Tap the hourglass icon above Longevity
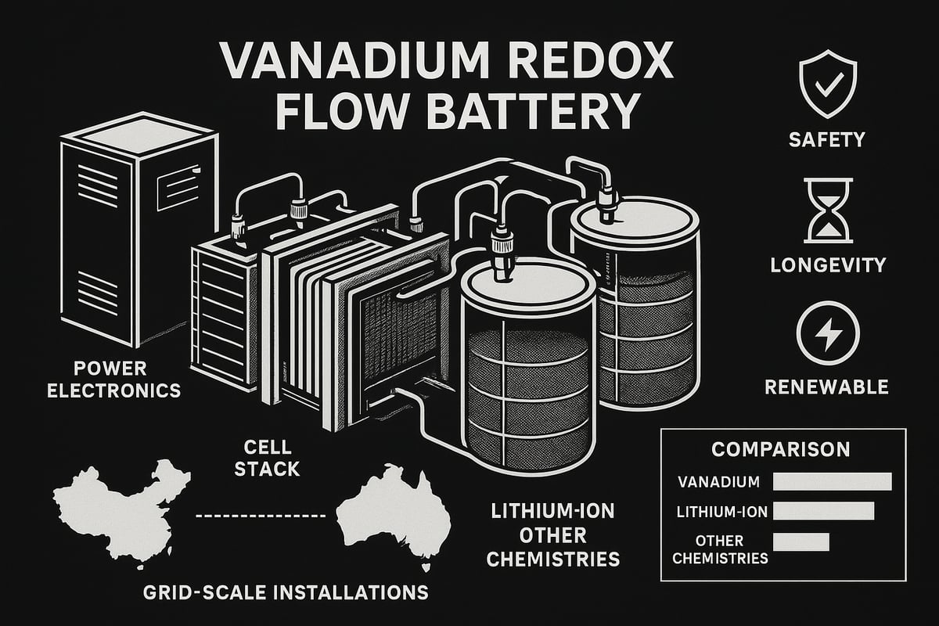827,210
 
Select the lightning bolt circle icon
827,334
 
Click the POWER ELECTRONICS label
114,380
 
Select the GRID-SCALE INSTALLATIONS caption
286,592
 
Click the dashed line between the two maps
258,516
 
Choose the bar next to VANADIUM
832,481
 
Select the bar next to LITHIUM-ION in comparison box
823,511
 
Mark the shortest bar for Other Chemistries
800,541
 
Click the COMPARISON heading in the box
780,450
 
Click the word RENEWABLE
828,387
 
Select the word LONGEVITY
828,264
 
